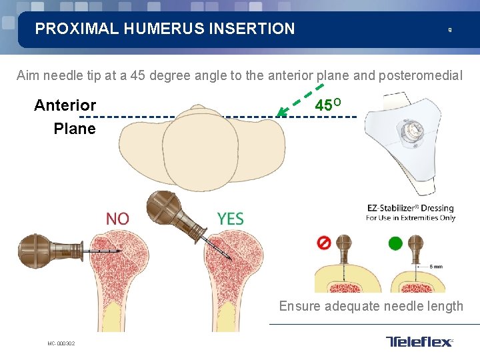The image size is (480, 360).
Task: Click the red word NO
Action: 118,219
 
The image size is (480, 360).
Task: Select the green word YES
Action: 230,219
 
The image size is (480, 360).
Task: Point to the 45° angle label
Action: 328,105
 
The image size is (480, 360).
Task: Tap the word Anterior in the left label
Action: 65,105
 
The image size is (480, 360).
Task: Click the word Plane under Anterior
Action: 75,129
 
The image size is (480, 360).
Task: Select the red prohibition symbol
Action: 323,243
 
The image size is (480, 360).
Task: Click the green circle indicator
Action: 395,243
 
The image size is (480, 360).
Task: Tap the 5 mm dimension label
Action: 437,267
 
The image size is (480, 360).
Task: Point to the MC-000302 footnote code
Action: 61,344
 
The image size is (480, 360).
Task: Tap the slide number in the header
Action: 449,30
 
